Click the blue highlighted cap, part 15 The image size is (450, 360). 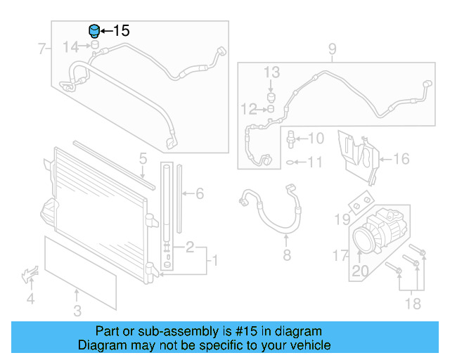click(93, 32)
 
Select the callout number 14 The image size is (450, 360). click(71, 47)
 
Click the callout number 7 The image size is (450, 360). click(41, 49)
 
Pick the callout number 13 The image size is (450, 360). click(271, 72)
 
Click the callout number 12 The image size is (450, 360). click(250, 109)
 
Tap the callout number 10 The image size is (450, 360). click(316, 139)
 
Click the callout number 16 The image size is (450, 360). click(400, 159)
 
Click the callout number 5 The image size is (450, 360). click(142, 159)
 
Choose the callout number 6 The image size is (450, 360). click(199, 193)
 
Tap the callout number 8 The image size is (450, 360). click(287, 255)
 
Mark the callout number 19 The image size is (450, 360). click(342, 220)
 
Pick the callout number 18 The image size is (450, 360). click(412, 303)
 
